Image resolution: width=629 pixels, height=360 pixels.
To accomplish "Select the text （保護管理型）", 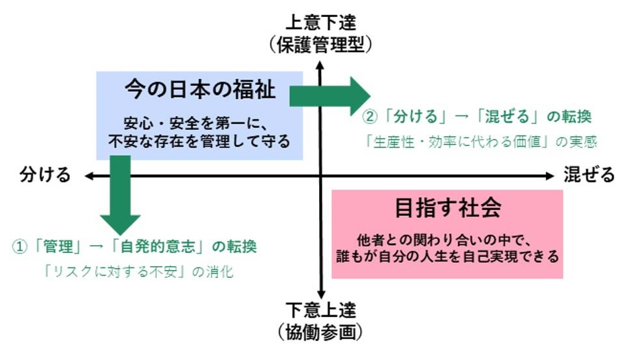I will (x=320, y=44).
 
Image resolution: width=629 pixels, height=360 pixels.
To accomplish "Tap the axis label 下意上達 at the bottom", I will (x=320, y=310).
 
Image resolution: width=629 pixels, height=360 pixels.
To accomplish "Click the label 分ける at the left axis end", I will (x=44, y=175).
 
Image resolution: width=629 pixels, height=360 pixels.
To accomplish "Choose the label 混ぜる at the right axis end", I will (x=589, y=175).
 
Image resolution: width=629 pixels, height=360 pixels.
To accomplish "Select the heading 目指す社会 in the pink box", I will (x=448, y=208).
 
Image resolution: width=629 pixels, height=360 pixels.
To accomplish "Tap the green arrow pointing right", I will (x=330, y=95).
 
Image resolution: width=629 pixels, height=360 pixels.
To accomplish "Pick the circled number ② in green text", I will (x=370, y=117).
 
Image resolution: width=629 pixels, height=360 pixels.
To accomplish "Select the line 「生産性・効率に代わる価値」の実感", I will (x=481, y=141).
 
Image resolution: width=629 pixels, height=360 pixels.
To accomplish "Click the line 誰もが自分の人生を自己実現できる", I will (x=448, y=256).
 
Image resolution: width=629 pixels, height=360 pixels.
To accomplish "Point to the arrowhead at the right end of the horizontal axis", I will (x=549, y=175).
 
